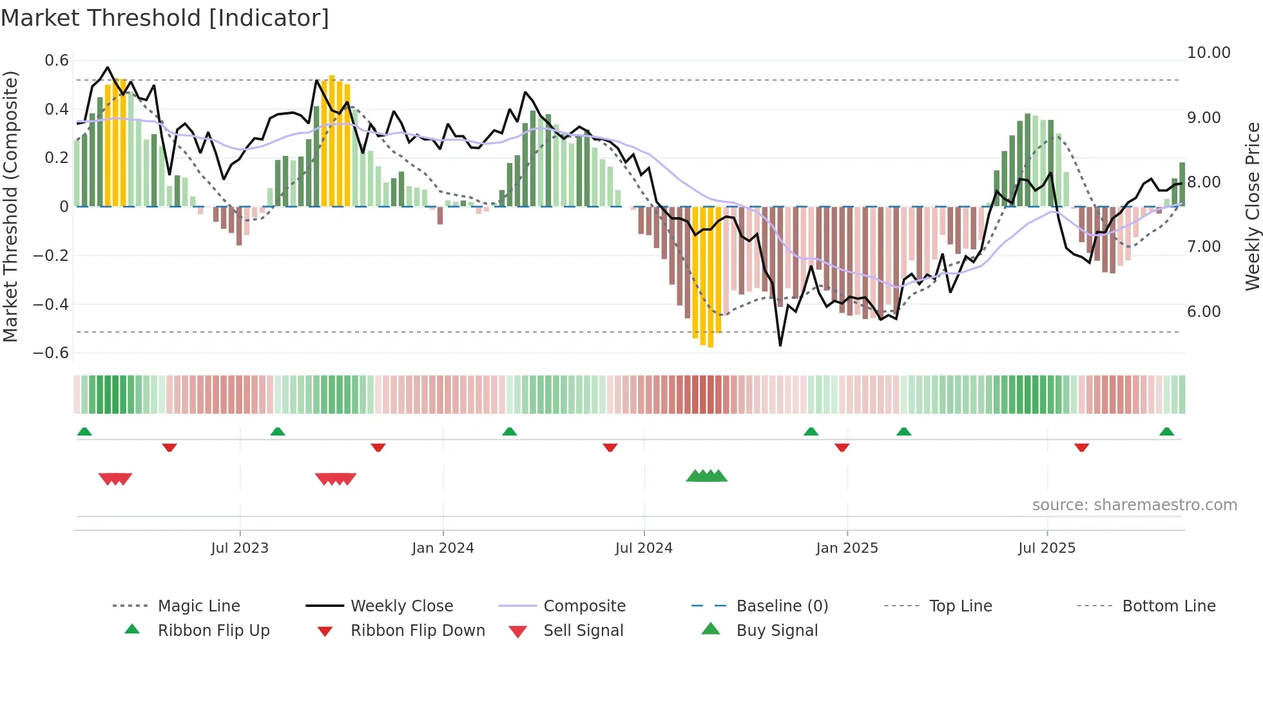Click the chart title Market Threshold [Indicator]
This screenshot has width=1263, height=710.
click(x=165, y=18)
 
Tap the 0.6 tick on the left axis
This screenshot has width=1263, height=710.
click(x=57, y=61)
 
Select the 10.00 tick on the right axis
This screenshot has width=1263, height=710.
click(x=1208, y=53)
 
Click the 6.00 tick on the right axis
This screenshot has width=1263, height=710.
click(x=1204, y=312)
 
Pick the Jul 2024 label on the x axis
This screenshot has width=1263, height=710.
click(x=643, y=548)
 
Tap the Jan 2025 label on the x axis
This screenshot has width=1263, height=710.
click(x=846, y=548)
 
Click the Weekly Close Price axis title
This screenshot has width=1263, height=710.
click(x=1252, y=206)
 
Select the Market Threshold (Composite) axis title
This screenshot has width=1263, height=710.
click(x=10, y=206)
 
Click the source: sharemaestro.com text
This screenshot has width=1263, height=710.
click(x=1134, y=505)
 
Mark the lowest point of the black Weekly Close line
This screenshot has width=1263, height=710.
click(x=780, y=345)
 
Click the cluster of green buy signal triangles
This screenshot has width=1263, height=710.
click(x=707, y=476)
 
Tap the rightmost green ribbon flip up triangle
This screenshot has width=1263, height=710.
click(x=1166, y=432)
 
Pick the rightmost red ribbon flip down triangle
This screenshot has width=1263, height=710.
click(x=1081, y=447)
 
